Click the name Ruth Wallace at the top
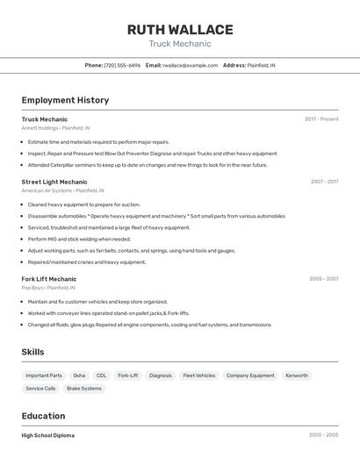pos(180,29)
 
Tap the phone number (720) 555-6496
pos(122,65)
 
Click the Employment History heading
pos(65,100)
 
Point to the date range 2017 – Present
pos(321,118)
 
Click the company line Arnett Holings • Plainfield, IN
pos(55,127)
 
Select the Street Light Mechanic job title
pos(54,182)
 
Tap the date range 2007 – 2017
pos(324,182)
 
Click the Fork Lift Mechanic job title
pos(49,279)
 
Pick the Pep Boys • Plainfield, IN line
pos(48,288)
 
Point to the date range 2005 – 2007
pos(323,279)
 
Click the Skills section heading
pos(33,352)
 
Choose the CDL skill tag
pos(102,376)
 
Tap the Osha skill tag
pos(79,376)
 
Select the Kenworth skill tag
pos(297,376)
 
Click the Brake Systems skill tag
pos(84,388)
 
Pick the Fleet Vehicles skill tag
pos(198,376)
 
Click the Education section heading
pos(43,416)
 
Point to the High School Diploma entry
pos(48,435)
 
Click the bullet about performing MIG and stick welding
pos(79,239)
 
